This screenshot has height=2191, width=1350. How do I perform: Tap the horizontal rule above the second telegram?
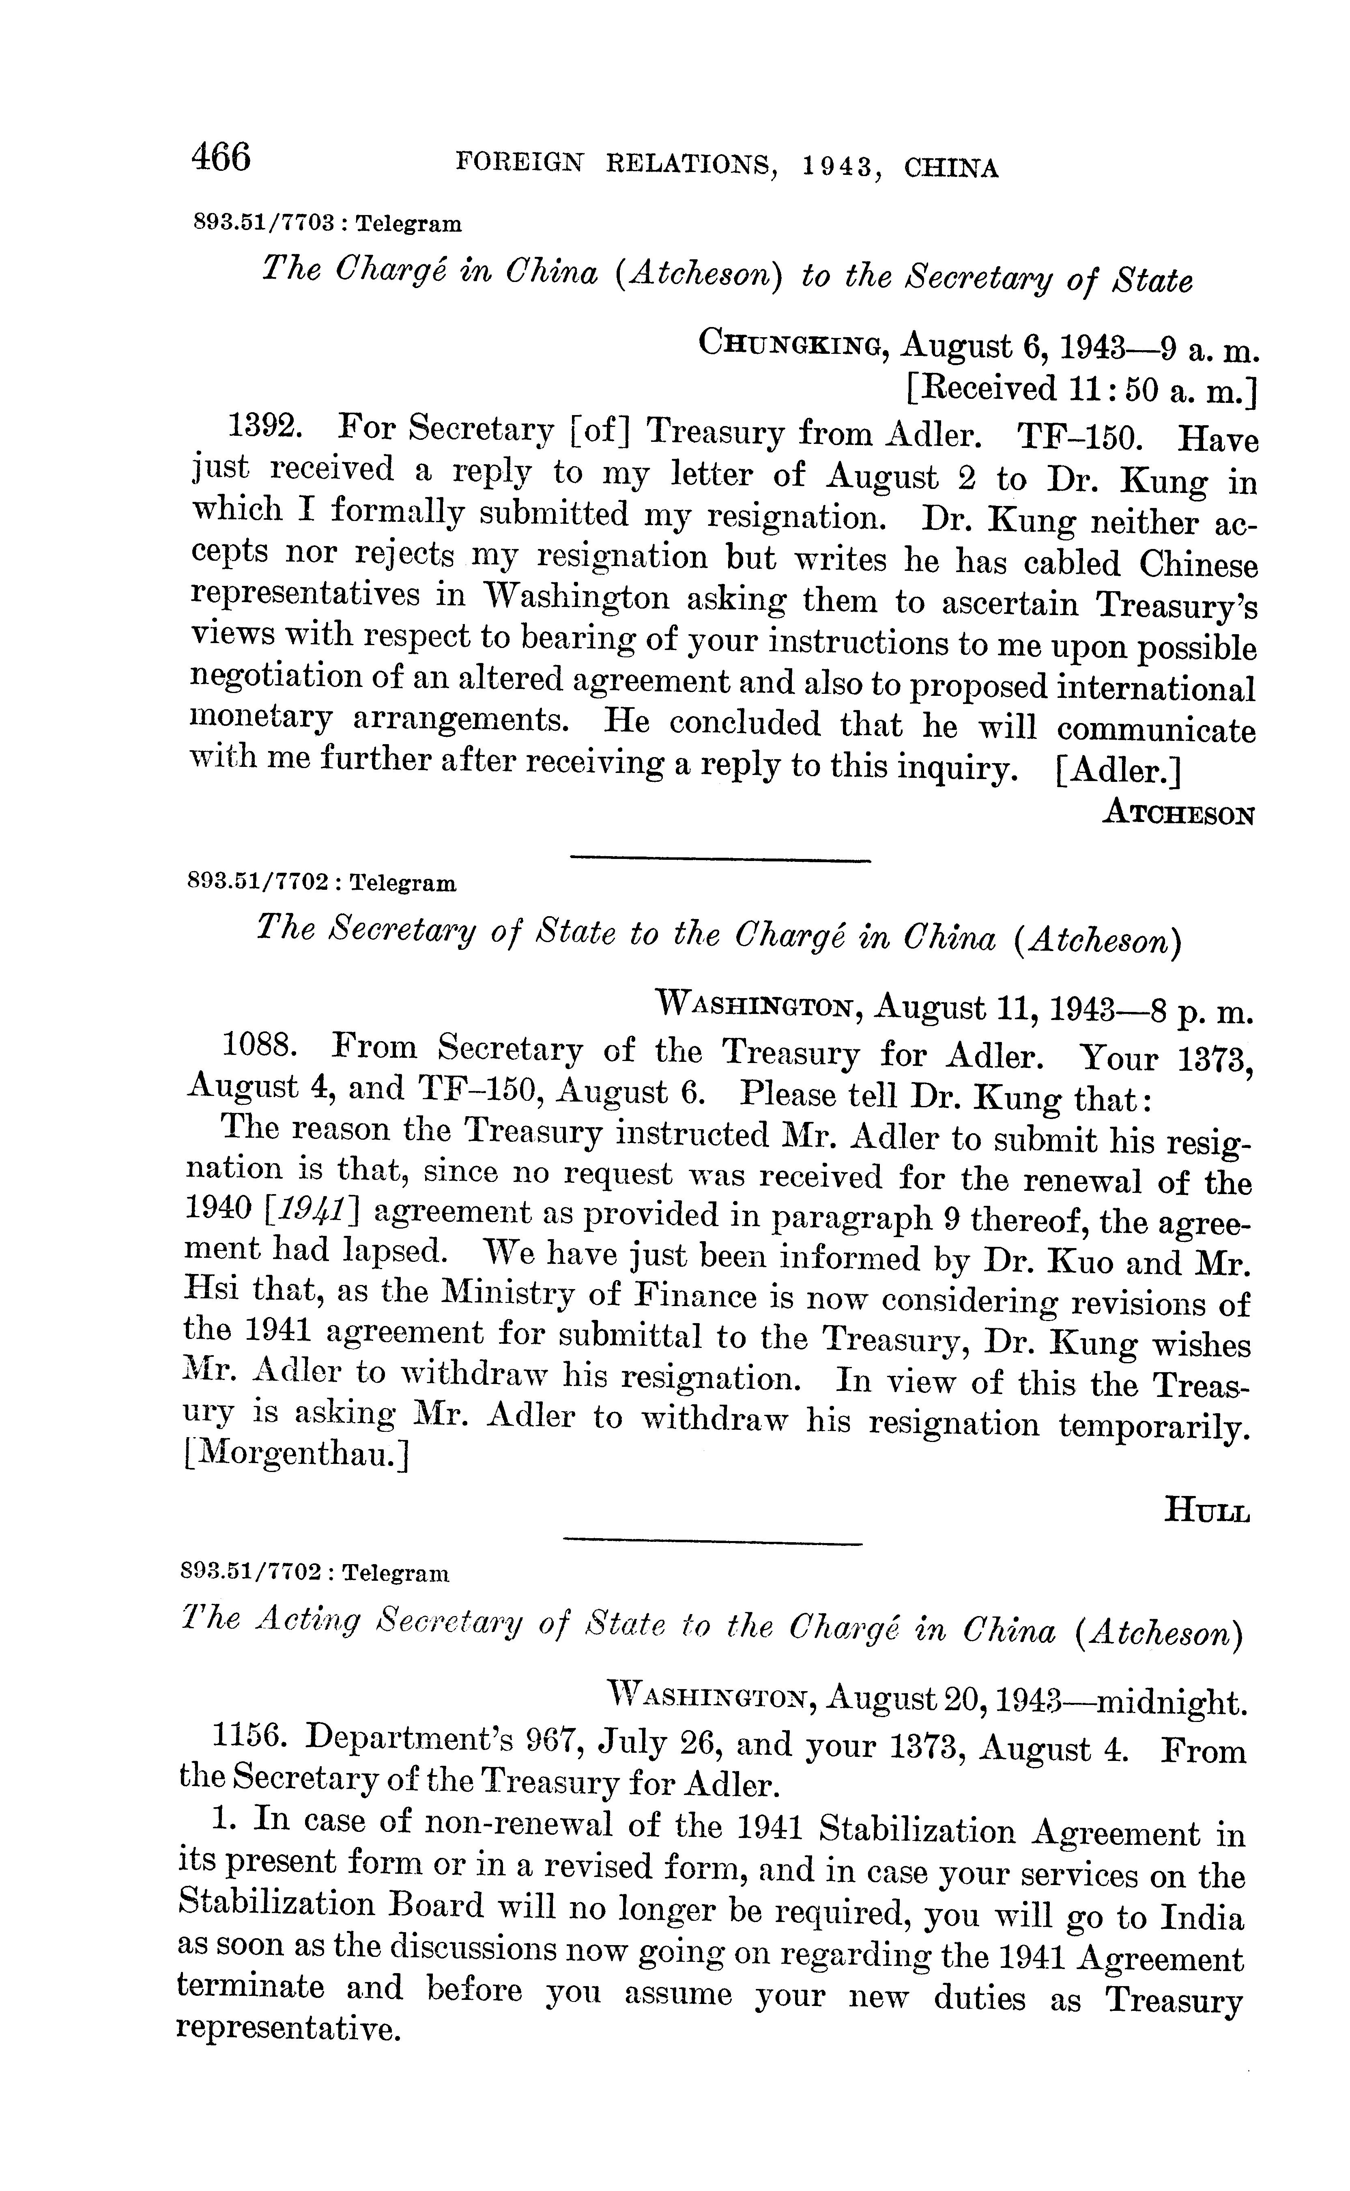(720, 860)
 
